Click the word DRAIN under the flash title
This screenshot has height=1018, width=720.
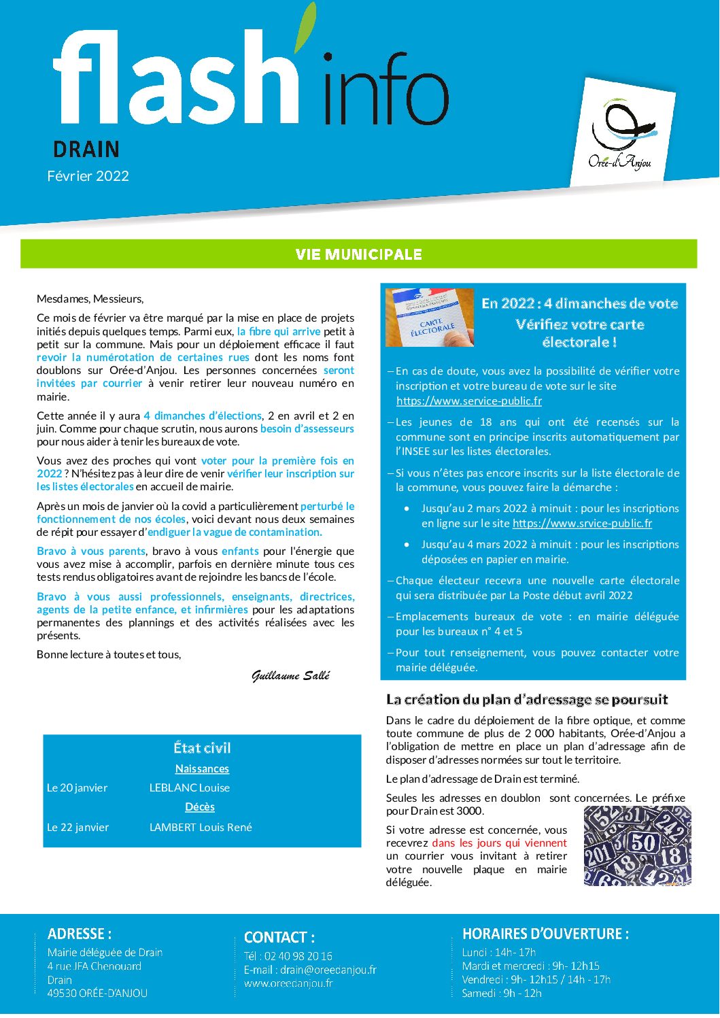[86, 149]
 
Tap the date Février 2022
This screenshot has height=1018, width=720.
[88, 176]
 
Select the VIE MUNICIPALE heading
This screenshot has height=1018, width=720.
[359, 254]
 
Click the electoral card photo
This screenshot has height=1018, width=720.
[430, 318]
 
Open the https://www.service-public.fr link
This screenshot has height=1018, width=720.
[469, 401]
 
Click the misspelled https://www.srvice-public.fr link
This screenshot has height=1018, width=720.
[582, 523]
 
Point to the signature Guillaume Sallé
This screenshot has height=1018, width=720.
[291, 675]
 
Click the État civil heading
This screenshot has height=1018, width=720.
[202, 748]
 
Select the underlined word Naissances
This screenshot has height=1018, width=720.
[202, 769]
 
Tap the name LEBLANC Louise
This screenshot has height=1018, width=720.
[190, 788]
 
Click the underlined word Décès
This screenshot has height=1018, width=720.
[200, 807]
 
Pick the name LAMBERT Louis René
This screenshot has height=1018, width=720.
[201, 828]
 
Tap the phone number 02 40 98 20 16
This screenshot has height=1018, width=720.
[298, 956]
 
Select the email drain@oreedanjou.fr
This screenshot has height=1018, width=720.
[328, 970]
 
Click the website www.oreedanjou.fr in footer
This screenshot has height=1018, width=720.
[288, 983]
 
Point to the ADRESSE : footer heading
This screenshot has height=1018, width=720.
[80, 934]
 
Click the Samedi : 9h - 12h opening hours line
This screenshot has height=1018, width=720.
[502, 994]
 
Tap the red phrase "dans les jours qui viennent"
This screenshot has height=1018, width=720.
[499, 843]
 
